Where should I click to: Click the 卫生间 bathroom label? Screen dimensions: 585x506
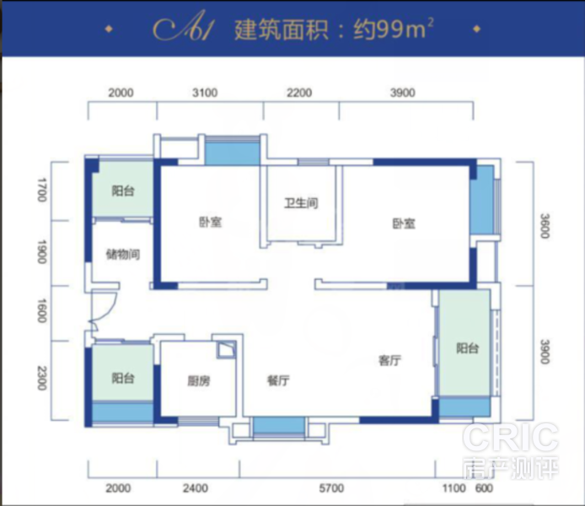pyautogui.click(x=301, y=203)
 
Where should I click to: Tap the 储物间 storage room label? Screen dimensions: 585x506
pyautogui.click(x=123, y=255)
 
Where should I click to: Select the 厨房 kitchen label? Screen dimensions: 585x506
pyautogui.click(x=198, y=381)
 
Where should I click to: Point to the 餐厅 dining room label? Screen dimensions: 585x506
pyautogui.click(x=278, y=380)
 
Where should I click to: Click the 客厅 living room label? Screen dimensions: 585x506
pyautogui.click(x=390, y=360)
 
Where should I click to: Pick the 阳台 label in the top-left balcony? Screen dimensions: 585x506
pyautogui.click(x=123, y=191)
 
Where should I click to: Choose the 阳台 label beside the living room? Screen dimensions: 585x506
pyautogui.click(x=468, y=348)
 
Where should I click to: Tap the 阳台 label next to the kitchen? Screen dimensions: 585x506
pyautogui.click(x=123, y=379)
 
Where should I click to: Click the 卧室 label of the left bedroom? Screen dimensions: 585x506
pyautogui.click(x=211, y=222)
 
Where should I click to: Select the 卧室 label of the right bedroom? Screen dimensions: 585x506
pyautogui.click(x=404, y=223)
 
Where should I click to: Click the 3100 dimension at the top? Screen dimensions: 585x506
pyautogui.click(x=205, y=93)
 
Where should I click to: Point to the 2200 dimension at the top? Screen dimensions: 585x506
pyautogui.click(x=299, y=93)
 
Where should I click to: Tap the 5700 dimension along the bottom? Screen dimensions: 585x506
pyautogui.click(x=331, y=488)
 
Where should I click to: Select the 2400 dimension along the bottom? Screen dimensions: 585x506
pyautogui.click(x=196, y=488)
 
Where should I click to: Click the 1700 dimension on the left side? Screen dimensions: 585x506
pyautogui.click(x=42, y=190)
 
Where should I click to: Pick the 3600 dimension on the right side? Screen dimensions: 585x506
pyautogui.click(x=545, y=226)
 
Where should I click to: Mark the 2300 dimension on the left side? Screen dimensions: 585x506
pyautogui.click(x=42, y=379)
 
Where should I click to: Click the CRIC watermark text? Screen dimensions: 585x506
pyautogui.click(x=511, y=437)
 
